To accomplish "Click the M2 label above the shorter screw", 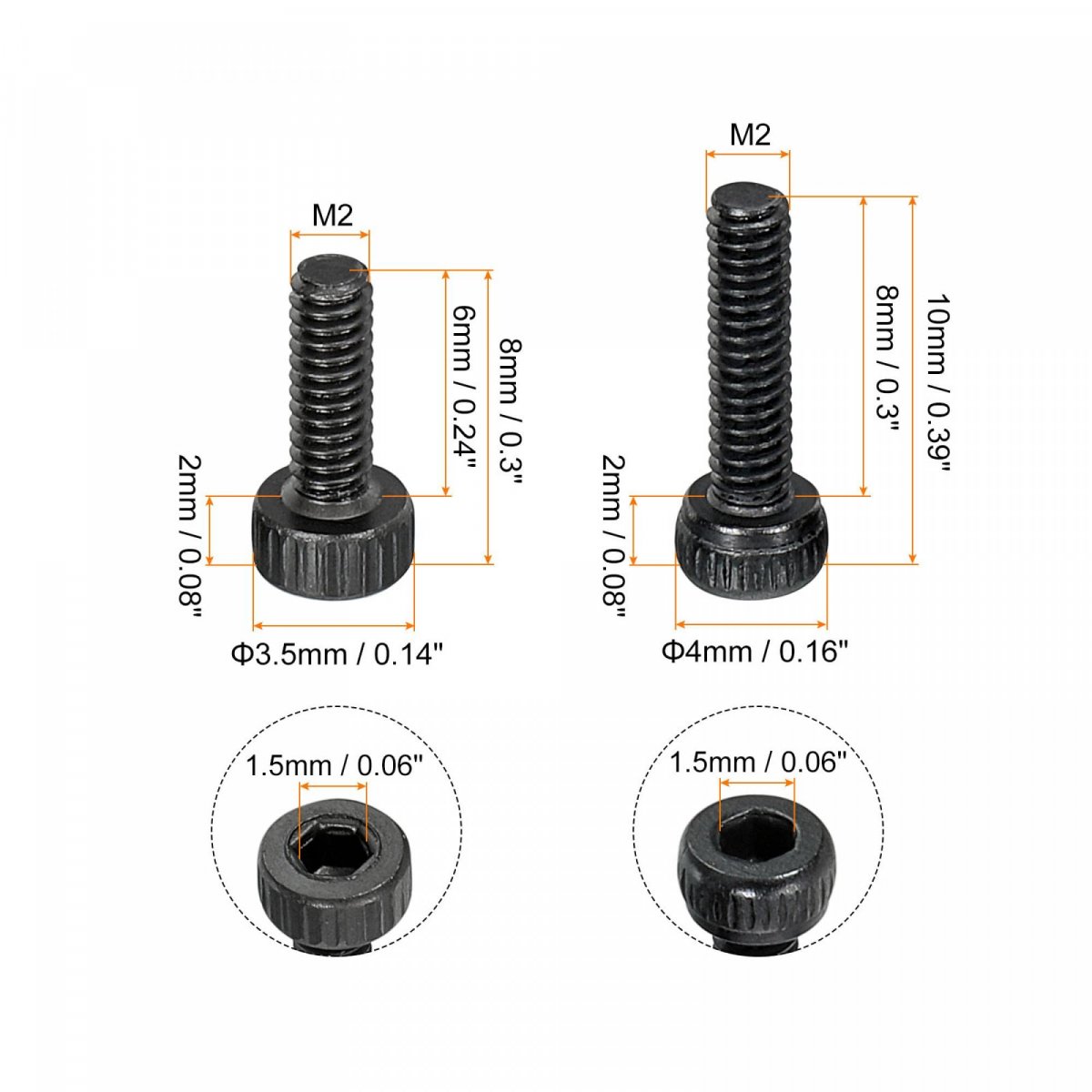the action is click(332, 216).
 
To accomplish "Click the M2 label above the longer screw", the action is click(750, 136).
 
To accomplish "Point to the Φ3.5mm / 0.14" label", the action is click(336, 654).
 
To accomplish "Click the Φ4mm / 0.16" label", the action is click(754, 652).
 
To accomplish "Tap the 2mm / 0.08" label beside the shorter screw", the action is click(189, 536).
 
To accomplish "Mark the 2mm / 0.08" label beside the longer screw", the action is click(613, 536).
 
